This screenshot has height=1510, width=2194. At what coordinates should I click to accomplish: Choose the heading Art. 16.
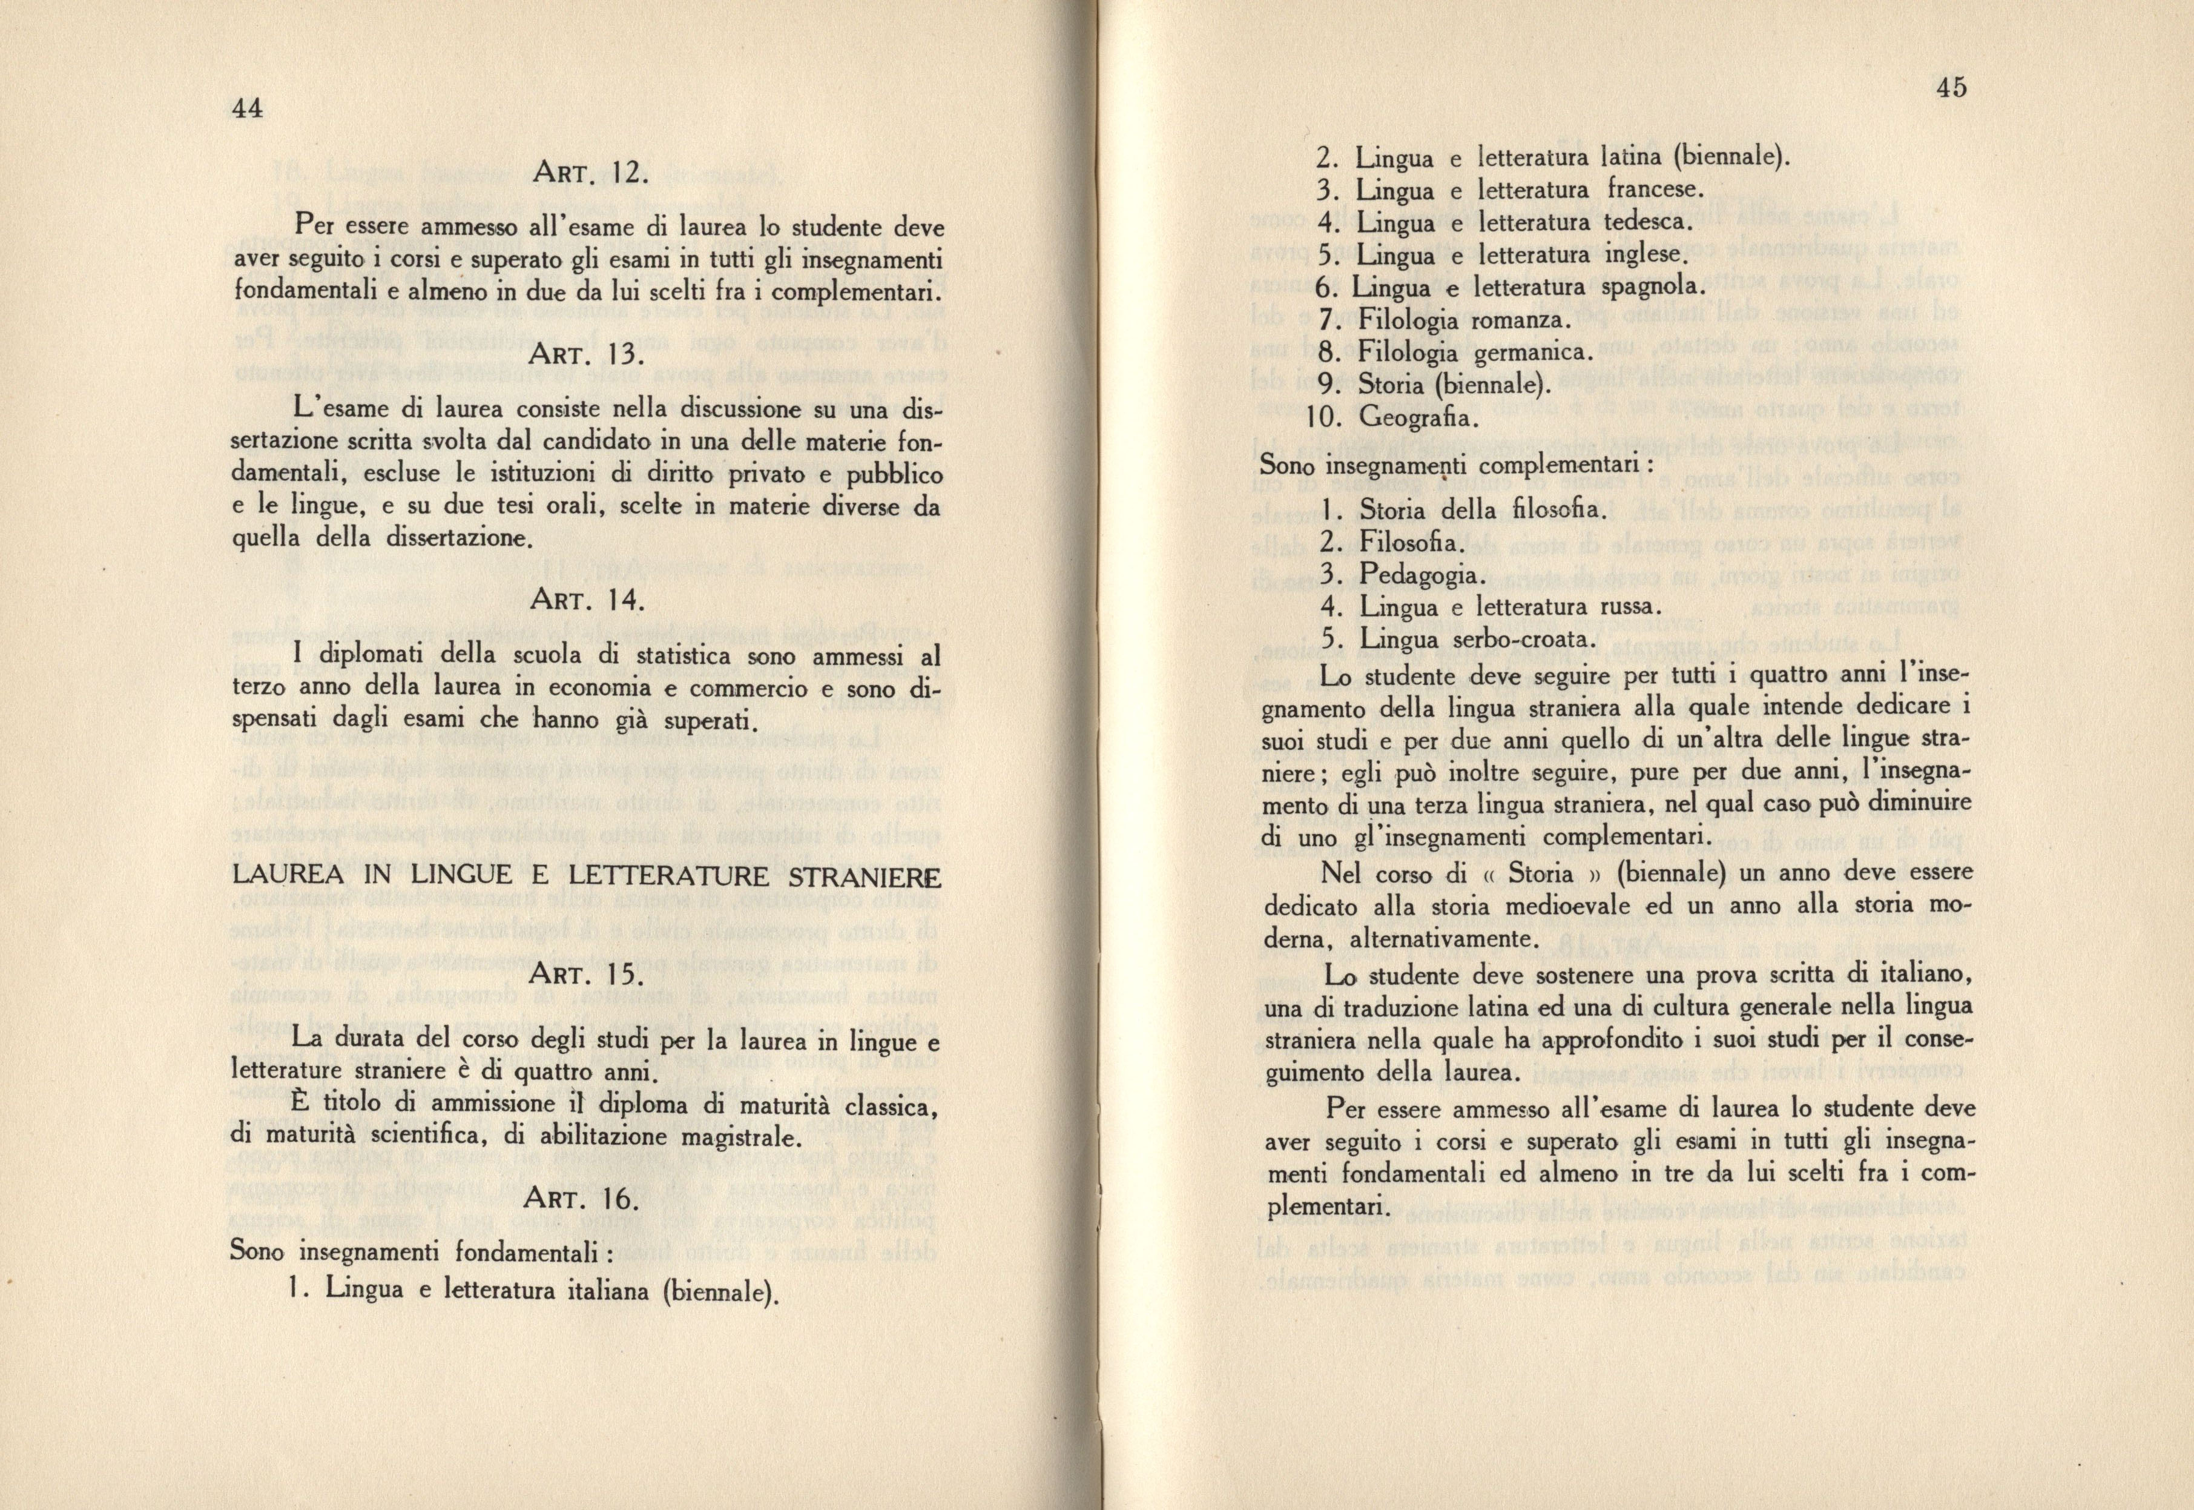point(586,1200)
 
